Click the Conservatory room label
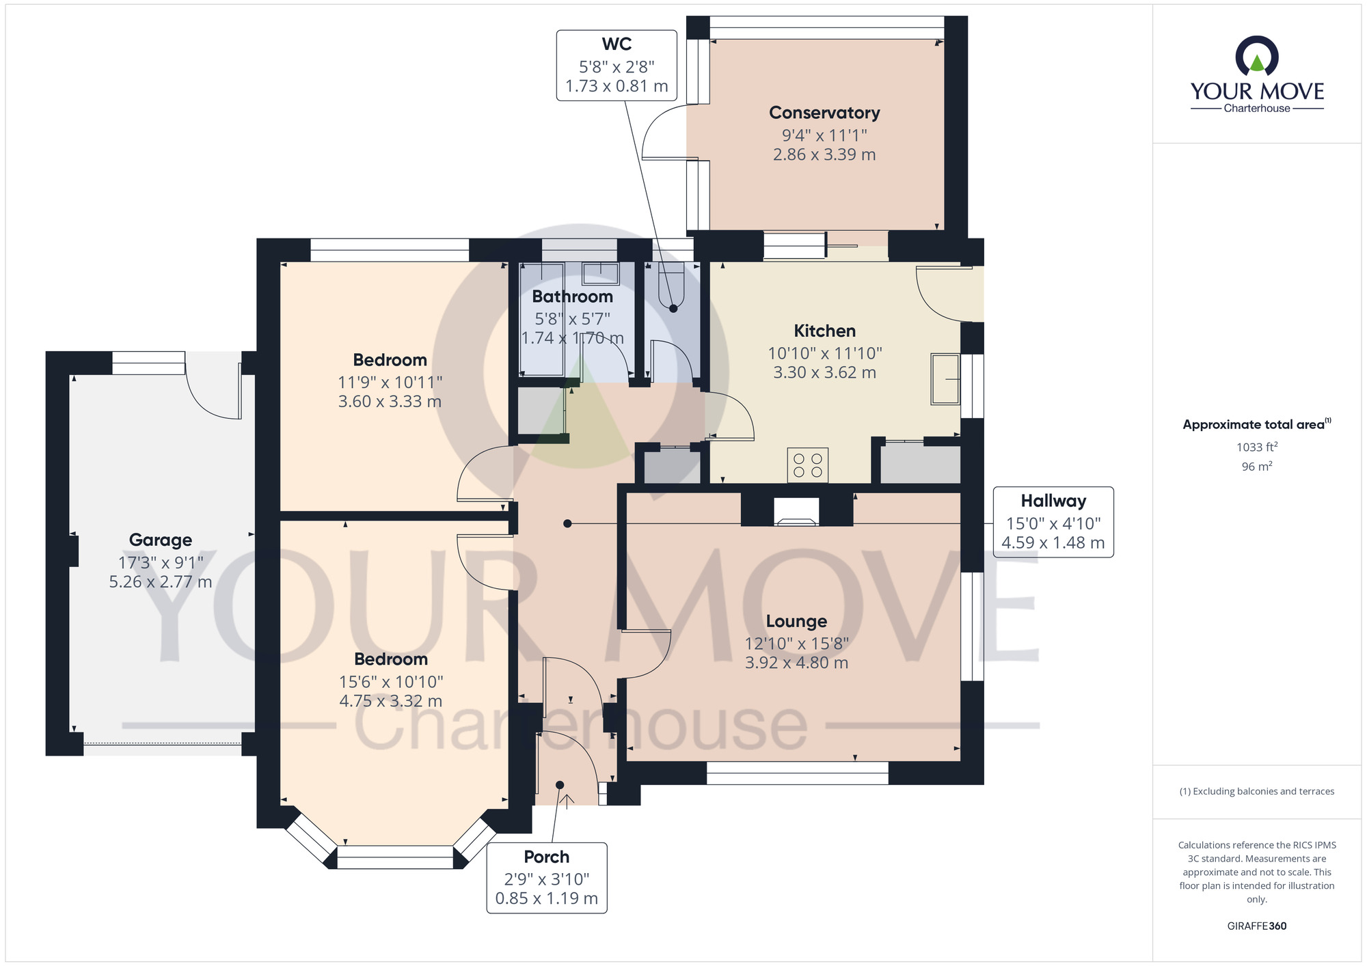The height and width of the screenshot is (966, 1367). click(x=824, y=113)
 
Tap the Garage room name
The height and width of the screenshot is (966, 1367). click(x=161, y=540)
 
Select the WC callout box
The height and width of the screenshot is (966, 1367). click(x=617, y=66)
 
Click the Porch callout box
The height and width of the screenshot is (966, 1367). click(x=547, y=878)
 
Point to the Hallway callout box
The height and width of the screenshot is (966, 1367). click(x=1053, y=522)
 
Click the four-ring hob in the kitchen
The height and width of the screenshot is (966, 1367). click(x=807, y=465)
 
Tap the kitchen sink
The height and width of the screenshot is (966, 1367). click(x=946, y=379)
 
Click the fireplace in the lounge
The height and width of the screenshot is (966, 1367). click(x=796, y=512)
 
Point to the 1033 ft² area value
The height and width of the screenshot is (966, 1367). click(x=1257, y=447)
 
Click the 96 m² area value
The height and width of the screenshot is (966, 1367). click(x=1257, y=467)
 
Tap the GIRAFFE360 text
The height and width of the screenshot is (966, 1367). click(x=1257, y=926)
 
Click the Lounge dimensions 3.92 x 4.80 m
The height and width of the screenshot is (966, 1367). click(x=797, y=663)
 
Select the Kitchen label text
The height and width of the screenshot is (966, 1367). click(x=825, y=331)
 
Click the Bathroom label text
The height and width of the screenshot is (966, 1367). click(x=573, y=296)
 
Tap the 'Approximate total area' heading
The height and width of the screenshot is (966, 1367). click(x=1257, y=424)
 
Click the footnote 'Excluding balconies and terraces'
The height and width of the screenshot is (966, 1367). click(x=1257, y=791)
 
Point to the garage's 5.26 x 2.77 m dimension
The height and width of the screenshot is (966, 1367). click(x=161, y=582)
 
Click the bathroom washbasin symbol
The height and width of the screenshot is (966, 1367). click(x=601, y=273)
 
